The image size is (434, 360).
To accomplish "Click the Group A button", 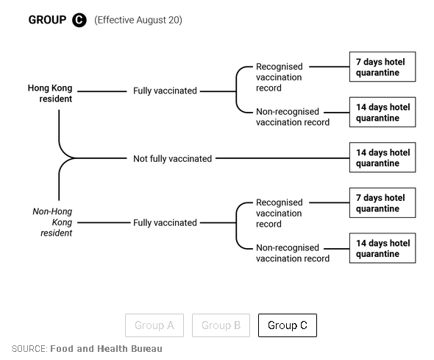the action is (154, 325).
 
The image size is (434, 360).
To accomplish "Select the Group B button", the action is (221, 325).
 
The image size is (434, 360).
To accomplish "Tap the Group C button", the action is (288, 325).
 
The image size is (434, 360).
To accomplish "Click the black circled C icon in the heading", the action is (79, 20).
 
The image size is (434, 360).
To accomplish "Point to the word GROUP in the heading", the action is (47, 20).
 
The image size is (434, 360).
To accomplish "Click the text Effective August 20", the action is (138, 20).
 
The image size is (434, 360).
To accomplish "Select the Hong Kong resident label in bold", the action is (50, 93).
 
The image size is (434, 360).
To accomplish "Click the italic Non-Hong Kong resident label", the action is (52, 222).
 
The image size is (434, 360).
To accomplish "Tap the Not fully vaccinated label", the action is (172, 159).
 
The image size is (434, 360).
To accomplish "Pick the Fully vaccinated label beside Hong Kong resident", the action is (165, 91).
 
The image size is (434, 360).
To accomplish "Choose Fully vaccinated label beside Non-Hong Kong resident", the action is (165, 222).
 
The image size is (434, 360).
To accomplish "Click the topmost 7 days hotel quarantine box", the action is (383, 67).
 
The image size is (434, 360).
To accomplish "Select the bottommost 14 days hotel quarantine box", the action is (383, 248).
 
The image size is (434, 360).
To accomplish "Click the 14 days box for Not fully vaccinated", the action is (383, 158).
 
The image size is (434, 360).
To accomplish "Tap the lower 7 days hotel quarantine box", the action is (383, 202).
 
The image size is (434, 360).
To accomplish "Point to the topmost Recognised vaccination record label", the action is (279, 77).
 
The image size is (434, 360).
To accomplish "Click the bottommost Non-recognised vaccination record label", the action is (293, 253).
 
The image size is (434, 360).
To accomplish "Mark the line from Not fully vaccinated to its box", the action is (282, 158).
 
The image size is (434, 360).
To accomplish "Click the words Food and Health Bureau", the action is (106, 349).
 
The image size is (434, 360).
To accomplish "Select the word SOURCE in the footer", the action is (29, 349).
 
